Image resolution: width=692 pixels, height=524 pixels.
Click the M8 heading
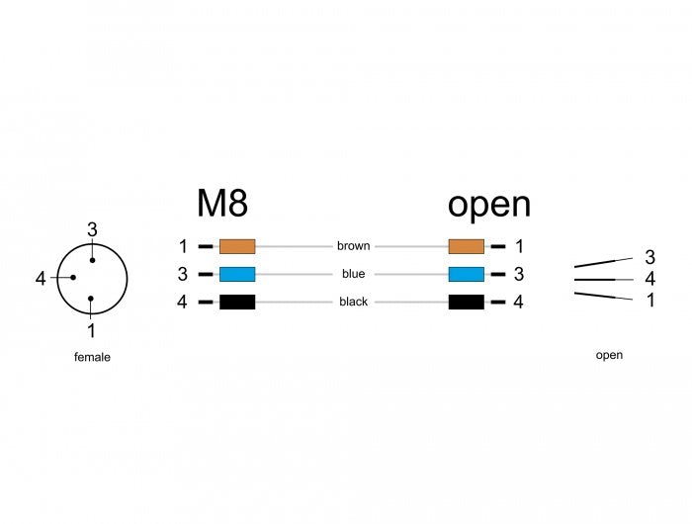222,203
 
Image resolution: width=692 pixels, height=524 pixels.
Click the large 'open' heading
489,206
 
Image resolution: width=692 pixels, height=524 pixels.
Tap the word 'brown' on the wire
353,246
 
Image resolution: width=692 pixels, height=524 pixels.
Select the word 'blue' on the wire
353,274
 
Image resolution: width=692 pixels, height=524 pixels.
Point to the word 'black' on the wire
353,302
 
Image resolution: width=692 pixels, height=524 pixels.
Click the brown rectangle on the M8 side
237,246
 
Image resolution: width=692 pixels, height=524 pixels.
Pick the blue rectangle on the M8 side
237,274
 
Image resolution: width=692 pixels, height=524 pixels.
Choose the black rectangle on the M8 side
237,302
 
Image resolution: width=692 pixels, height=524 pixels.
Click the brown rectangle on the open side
466,246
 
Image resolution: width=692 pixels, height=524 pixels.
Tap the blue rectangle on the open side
466,274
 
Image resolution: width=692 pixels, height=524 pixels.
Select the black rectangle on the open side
466,302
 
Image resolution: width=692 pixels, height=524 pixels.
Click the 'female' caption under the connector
92,357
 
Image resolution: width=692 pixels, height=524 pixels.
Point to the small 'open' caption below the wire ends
609,355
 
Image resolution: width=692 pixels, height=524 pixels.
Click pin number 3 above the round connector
92,229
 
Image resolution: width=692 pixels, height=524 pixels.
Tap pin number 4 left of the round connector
41,279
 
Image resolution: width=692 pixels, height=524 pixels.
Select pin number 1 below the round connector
91,330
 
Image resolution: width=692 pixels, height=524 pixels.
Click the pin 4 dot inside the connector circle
73,277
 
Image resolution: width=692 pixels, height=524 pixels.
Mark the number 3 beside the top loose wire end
649,257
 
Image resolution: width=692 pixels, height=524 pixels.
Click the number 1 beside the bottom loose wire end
650,301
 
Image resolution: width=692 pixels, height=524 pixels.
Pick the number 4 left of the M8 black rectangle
182,302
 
